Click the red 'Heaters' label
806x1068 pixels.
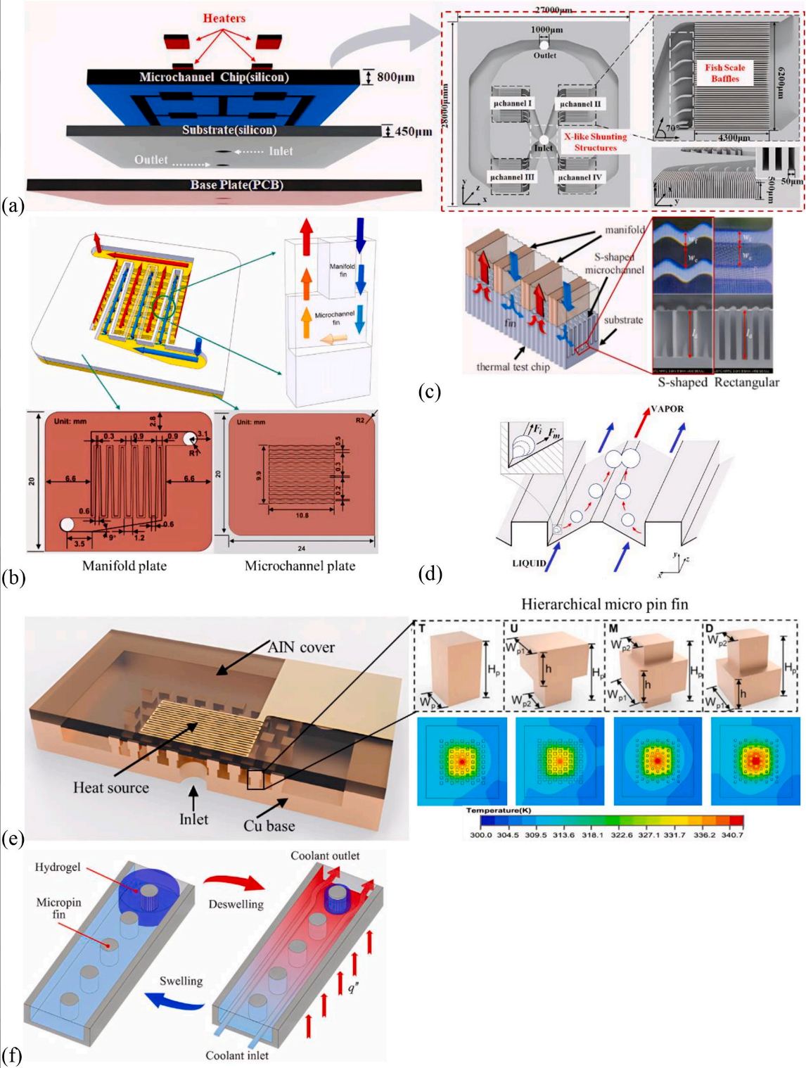coord(224,18)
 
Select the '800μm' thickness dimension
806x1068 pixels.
coord(395,77)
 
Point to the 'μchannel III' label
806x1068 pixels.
coord(512,177)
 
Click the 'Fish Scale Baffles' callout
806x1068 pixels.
coord(725,73)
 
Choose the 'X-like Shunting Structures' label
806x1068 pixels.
coord(595,142)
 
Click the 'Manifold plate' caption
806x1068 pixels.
coord(124,566)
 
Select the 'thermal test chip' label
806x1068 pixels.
coord(513,367)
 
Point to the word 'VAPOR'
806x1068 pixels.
coord(667,409)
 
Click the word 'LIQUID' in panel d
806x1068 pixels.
coord(529,563)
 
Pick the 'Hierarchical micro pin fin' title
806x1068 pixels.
coord(604,604)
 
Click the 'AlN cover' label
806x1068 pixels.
coord(301,647)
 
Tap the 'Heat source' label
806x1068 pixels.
coord(111,788)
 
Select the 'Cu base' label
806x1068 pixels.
coord(269,826)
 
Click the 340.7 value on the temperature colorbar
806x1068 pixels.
coord(731,835)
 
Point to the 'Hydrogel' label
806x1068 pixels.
coord(58,867)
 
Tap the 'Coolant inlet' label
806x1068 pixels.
coord(237,1055)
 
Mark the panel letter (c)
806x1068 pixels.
coord(429,392)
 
